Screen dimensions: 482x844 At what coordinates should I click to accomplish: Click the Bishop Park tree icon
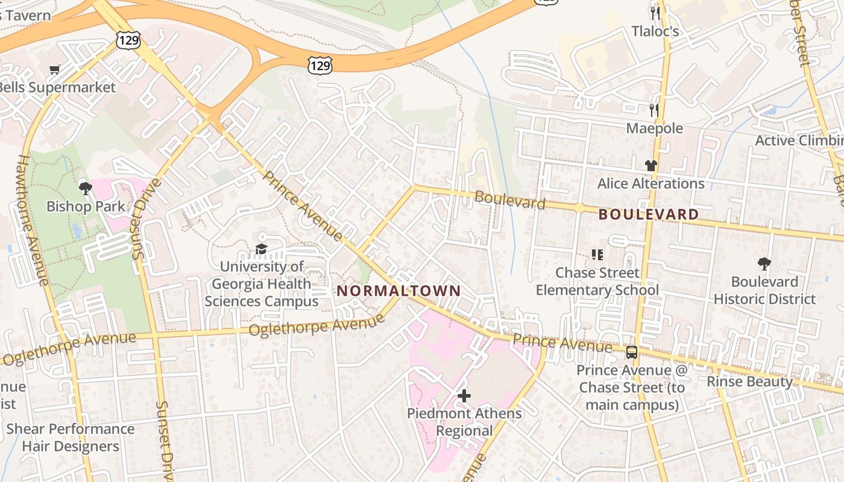pos(86,188)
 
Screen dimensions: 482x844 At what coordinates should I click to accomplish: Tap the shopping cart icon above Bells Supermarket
pos(55,70)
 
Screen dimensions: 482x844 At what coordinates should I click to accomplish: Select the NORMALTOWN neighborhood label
pos(398,291)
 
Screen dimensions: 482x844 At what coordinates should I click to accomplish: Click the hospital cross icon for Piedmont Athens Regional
pos(464,396)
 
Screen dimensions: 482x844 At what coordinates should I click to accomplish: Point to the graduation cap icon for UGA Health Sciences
pos(261,249)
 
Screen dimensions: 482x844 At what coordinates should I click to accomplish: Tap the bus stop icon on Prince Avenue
pos(631,352)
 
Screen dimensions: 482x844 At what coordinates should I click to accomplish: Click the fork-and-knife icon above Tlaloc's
pos(655,13)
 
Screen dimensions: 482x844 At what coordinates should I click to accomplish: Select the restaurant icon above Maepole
pos(654,110)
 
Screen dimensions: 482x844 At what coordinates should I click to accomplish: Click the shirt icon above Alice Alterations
pos(650,165)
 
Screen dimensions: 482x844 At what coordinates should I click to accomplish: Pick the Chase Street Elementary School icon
pos(597,255)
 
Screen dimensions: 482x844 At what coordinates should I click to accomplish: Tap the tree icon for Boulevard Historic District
pos(764,264)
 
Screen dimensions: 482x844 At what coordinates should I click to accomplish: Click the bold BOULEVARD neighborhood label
pos(649,214)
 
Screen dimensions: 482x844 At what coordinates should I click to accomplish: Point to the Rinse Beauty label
pos(749,381)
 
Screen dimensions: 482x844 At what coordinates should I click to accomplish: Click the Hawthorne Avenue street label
pos(34,220)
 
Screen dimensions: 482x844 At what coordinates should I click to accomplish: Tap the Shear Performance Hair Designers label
pos(71,437)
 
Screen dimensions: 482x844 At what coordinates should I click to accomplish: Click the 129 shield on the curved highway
pos(320,65)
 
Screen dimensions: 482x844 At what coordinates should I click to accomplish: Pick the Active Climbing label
pos(799,140)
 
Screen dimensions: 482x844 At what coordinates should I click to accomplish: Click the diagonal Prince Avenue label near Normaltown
pos(303,206)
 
